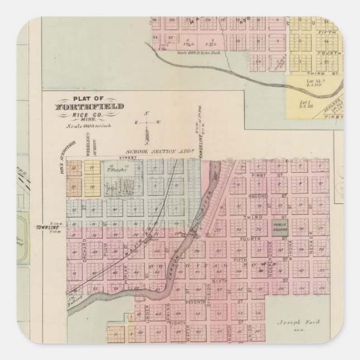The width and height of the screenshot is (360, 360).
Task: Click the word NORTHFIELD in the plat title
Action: pyautogui.click(x=90, y=106)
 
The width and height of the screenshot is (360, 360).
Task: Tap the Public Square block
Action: pyautogui.click(x=278, y=226)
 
